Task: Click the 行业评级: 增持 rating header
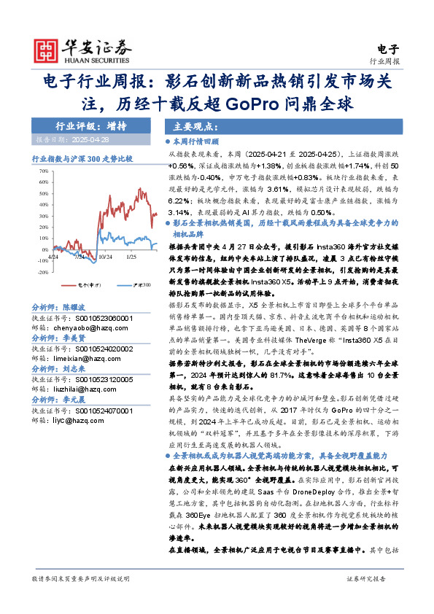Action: point(90,125)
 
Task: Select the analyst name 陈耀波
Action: point(75,308)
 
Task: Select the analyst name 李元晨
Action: point(75,400)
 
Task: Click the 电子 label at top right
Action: point(390,50)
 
